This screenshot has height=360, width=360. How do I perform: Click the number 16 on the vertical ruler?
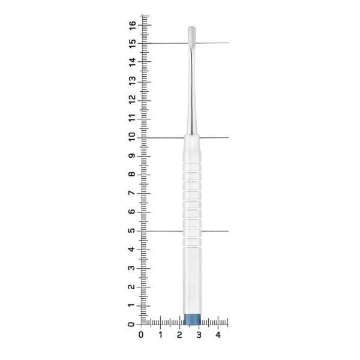(132, 25)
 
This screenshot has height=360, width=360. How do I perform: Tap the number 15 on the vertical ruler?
(132, 44)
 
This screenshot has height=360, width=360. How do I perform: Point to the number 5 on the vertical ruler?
(131, 230)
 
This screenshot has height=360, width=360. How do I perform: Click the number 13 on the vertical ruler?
(132, 81)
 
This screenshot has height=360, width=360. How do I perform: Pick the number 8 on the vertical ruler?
(132, 174)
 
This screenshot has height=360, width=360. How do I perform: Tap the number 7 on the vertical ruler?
(132, 193)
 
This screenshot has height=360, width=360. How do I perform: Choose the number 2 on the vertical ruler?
(131, 287)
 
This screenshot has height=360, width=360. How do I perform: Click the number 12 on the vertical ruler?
(132, 100)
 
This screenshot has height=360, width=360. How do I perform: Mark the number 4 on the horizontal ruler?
(218, 335)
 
